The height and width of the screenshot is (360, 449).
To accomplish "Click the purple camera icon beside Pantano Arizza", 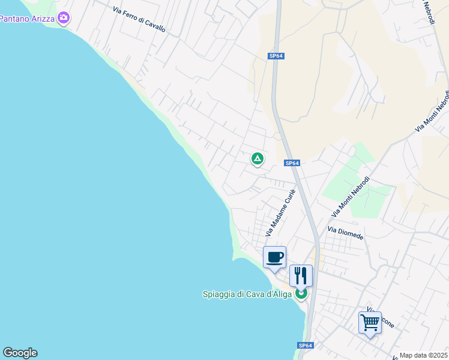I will [x=63, y=19].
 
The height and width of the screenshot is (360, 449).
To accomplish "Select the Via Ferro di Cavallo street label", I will [x=139, y=19].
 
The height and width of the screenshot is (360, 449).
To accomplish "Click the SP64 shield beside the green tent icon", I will [x=292, y=163].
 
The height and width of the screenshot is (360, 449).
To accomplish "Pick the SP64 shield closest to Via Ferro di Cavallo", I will [x=276, y=56].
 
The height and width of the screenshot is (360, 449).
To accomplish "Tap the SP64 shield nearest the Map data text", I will [x=306, y=345].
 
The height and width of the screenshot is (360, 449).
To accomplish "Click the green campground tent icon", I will [x=257, y=159].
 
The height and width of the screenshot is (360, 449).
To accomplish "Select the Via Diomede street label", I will [x=345, y=233].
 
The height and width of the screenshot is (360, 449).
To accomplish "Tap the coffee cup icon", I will [x=275, y=257].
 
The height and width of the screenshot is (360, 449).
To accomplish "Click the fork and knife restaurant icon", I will [x=301, y=275].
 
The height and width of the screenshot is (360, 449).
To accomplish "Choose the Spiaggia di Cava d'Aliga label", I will [x=247, y=294].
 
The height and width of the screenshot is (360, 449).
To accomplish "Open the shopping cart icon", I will [x=370, y=322].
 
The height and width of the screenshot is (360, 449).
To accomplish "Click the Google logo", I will [x=20, y=353].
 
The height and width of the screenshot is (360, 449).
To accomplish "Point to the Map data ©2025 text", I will [x=423, y=355].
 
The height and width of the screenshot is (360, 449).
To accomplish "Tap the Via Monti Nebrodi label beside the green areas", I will [x=351, y=197].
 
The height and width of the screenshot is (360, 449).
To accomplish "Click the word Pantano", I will [x=14, y=19].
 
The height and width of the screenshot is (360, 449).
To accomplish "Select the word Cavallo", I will [x=155, y=25].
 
